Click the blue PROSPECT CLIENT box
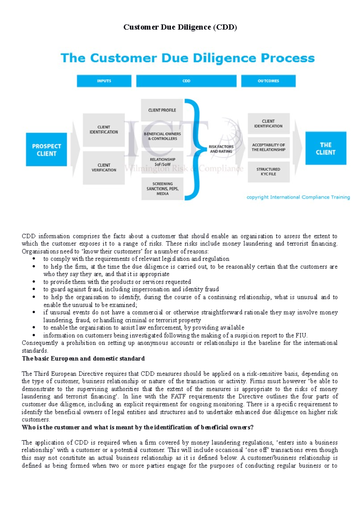46,150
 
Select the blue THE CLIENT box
325,148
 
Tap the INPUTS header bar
104,81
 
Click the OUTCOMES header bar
268,81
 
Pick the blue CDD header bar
186,81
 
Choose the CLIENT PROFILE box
162,110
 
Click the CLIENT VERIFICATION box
104,168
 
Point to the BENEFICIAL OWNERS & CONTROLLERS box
162,136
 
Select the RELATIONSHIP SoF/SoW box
162,162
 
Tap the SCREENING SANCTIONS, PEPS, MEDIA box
162,189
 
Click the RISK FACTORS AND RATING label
221,149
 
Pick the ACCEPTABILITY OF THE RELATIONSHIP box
268,147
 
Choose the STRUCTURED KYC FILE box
268,171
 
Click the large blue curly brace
193,149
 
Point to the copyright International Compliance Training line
298,197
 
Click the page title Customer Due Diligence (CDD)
180,27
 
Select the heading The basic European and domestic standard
83,359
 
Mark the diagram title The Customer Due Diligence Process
187,58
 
